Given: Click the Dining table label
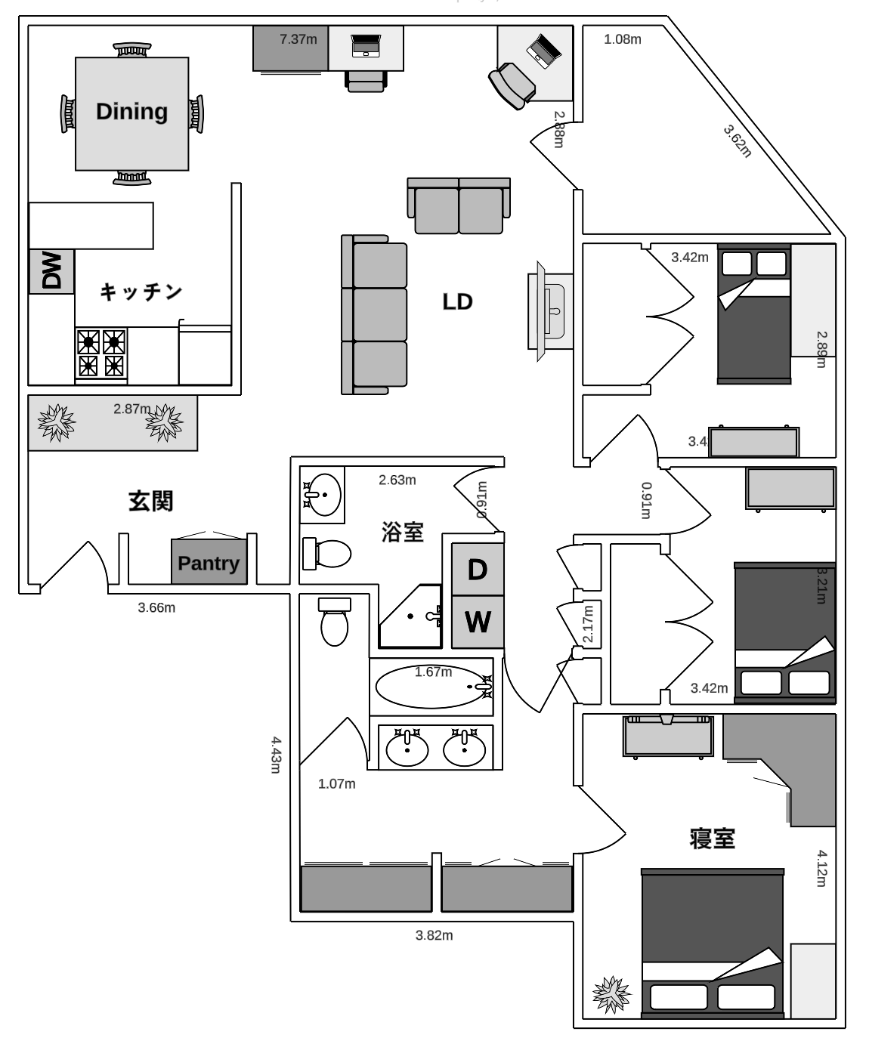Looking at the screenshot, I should pyautogui.click(x=131, y=112).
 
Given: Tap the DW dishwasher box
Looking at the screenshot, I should pyautogui.click(x=51, y=271).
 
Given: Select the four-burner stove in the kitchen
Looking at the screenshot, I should pyautogui.click(x=101, y=354).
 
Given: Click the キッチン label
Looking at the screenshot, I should pyautogui.click(x=141, y=292).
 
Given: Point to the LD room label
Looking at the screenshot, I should pyautogui.click(x=457, y=302).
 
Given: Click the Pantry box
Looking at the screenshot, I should pyautogui.click(x=209, y=563).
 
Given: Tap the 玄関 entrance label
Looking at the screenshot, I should pyautogui.click(x=150, y=501).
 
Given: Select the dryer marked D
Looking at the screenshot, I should pyautogui.click(x=477, y=570).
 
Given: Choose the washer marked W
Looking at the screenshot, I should pyautogui.click(x=477, y=622).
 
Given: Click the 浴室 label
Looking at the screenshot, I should pyautogui.click(x=402, y=533).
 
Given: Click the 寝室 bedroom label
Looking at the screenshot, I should pyautogui.click(x=712, y=839).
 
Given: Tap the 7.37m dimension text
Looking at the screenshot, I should pyautogui.click(x=298, y=39).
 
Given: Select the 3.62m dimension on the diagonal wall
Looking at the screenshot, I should pyautogui.click(x=738, y=141).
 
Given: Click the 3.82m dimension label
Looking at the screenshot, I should pyautogui.click(x=434, y=936).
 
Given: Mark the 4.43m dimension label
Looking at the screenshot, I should pyautogui.click(x=276, y=755).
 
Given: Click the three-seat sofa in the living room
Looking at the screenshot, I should pyautogui.click(x=375, y=314).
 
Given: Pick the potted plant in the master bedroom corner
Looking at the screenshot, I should pyautogui.click(x=611, y=994).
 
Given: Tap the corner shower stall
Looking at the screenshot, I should pyautogui.click(x=410, y=616).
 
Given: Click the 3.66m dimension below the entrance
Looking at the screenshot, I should pyautogui.click(x=156, y=607).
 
